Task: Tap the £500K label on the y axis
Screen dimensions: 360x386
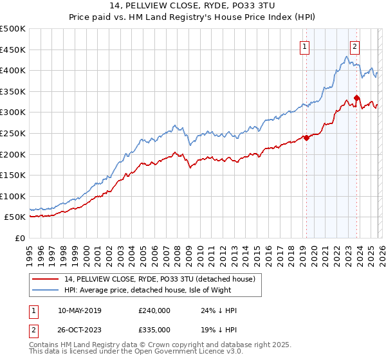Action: pyautogui.click(x=13, y=29)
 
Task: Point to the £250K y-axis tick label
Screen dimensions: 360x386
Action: pyautogui.click(x=13, y=133)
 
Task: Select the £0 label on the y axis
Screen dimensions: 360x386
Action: pyautogui.click(x=20, y=238)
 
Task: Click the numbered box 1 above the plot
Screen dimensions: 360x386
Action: pyautogui.click(x=304, y=46)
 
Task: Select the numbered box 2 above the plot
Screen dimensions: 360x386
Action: pyautogui.click(x=354, y=46)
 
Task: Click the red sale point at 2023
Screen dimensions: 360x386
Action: pyautogui.click(x=356, y=98)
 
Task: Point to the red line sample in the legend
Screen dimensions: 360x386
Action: pyautogui.click(x=45, y=279)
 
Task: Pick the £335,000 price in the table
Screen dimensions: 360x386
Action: pyautogui.click(x=154, y=329)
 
